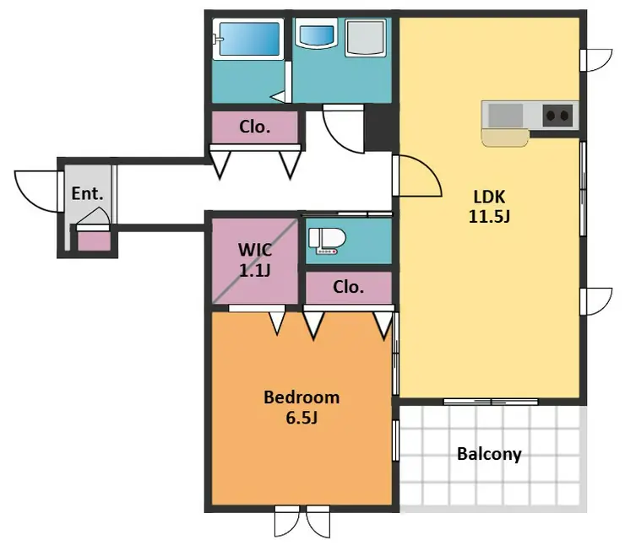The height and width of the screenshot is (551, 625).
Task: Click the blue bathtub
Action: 249,39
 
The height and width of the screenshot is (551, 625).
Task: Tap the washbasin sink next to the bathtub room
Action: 317,35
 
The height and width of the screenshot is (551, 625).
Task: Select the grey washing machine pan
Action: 366,37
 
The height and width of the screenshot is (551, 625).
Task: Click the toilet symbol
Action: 327,240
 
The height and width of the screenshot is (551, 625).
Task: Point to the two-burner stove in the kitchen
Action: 557,116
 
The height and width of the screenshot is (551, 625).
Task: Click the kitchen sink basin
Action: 505,116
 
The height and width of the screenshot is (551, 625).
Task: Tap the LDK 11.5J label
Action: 489,207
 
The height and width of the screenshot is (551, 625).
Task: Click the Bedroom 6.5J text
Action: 302,408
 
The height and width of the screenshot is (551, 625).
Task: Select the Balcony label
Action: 489,454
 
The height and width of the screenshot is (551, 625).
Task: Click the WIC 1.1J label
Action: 255,260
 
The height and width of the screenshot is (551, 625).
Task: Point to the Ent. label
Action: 87,193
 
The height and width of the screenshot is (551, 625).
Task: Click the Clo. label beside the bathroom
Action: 255,127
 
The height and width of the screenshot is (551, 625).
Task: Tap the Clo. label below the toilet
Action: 348,287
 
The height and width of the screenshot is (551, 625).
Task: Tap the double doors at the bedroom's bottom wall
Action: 302,521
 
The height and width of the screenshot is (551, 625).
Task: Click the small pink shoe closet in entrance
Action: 94,241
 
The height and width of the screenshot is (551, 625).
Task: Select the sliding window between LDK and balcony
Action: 491,402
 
